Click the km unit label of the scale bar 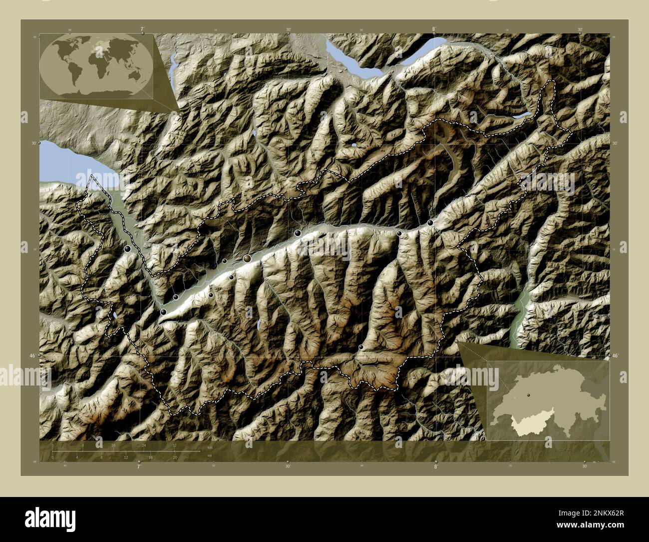[x=210, y=447]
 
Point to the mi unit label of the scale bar [x=210, y=455]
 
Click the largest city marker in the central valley [x=247, y=258]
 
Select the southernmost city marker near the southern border [x=361, y=347]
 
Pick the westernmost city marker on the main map [x=128, y=248]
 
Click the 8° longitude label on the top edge [x=433, y=29]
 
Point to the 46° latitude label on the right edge [x=615, y=355]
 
